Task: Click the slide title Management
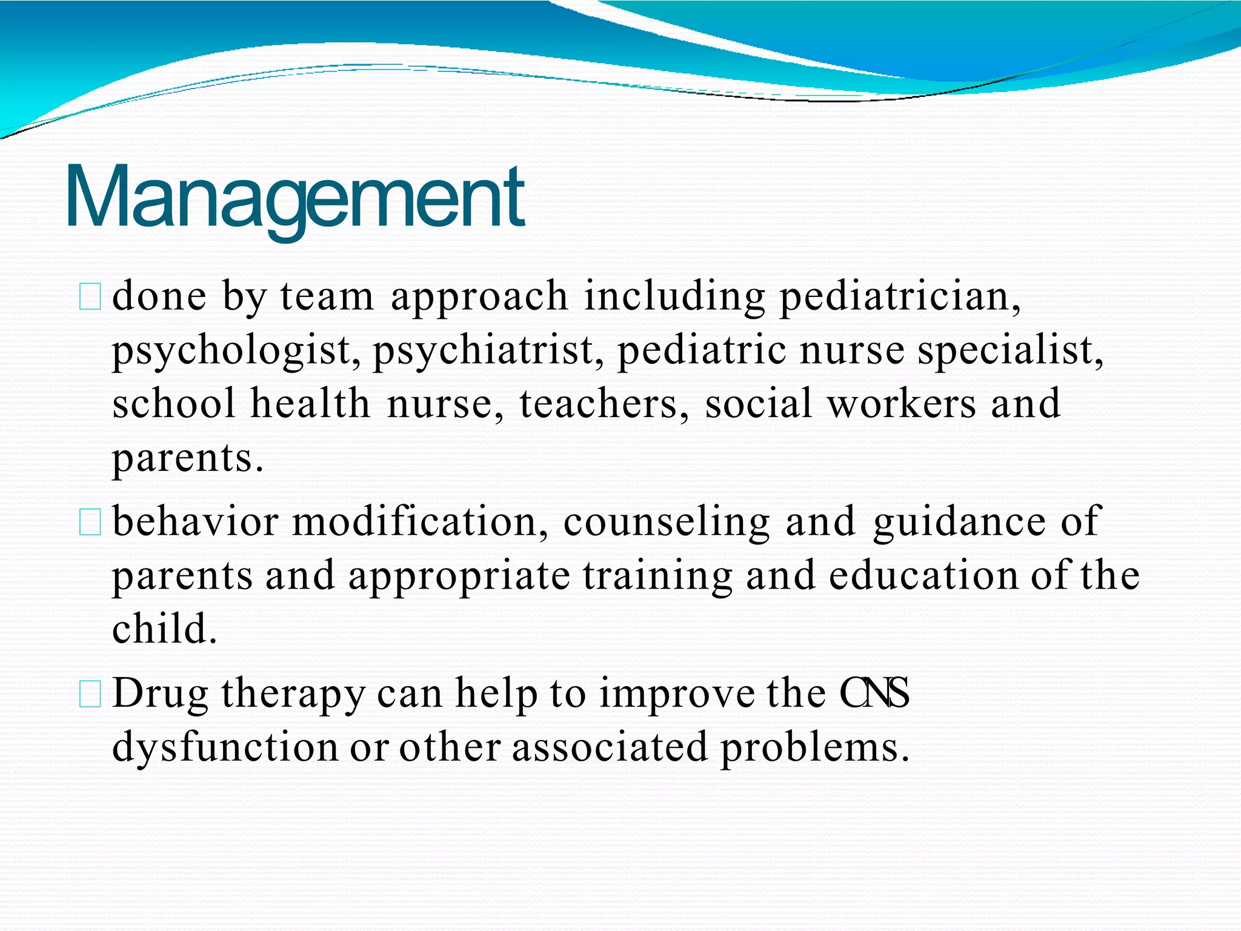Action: pyautogui.click(x=294, y=197)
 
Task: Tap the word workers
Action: pyautogui.click(x=902, y=404)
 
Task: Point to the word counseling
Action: pyautogui.click(x=667, y=521)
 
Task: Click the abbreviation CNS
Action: pyautogui.click(x=874, y=693)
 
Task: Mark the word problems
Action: pyautogui.click(x=814, y=747)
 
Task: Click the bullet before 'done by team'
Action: pyautogui.click(x=90, y=298)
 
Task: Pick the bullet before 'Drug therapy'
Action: pyautogui.click(x=90, y=695)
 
